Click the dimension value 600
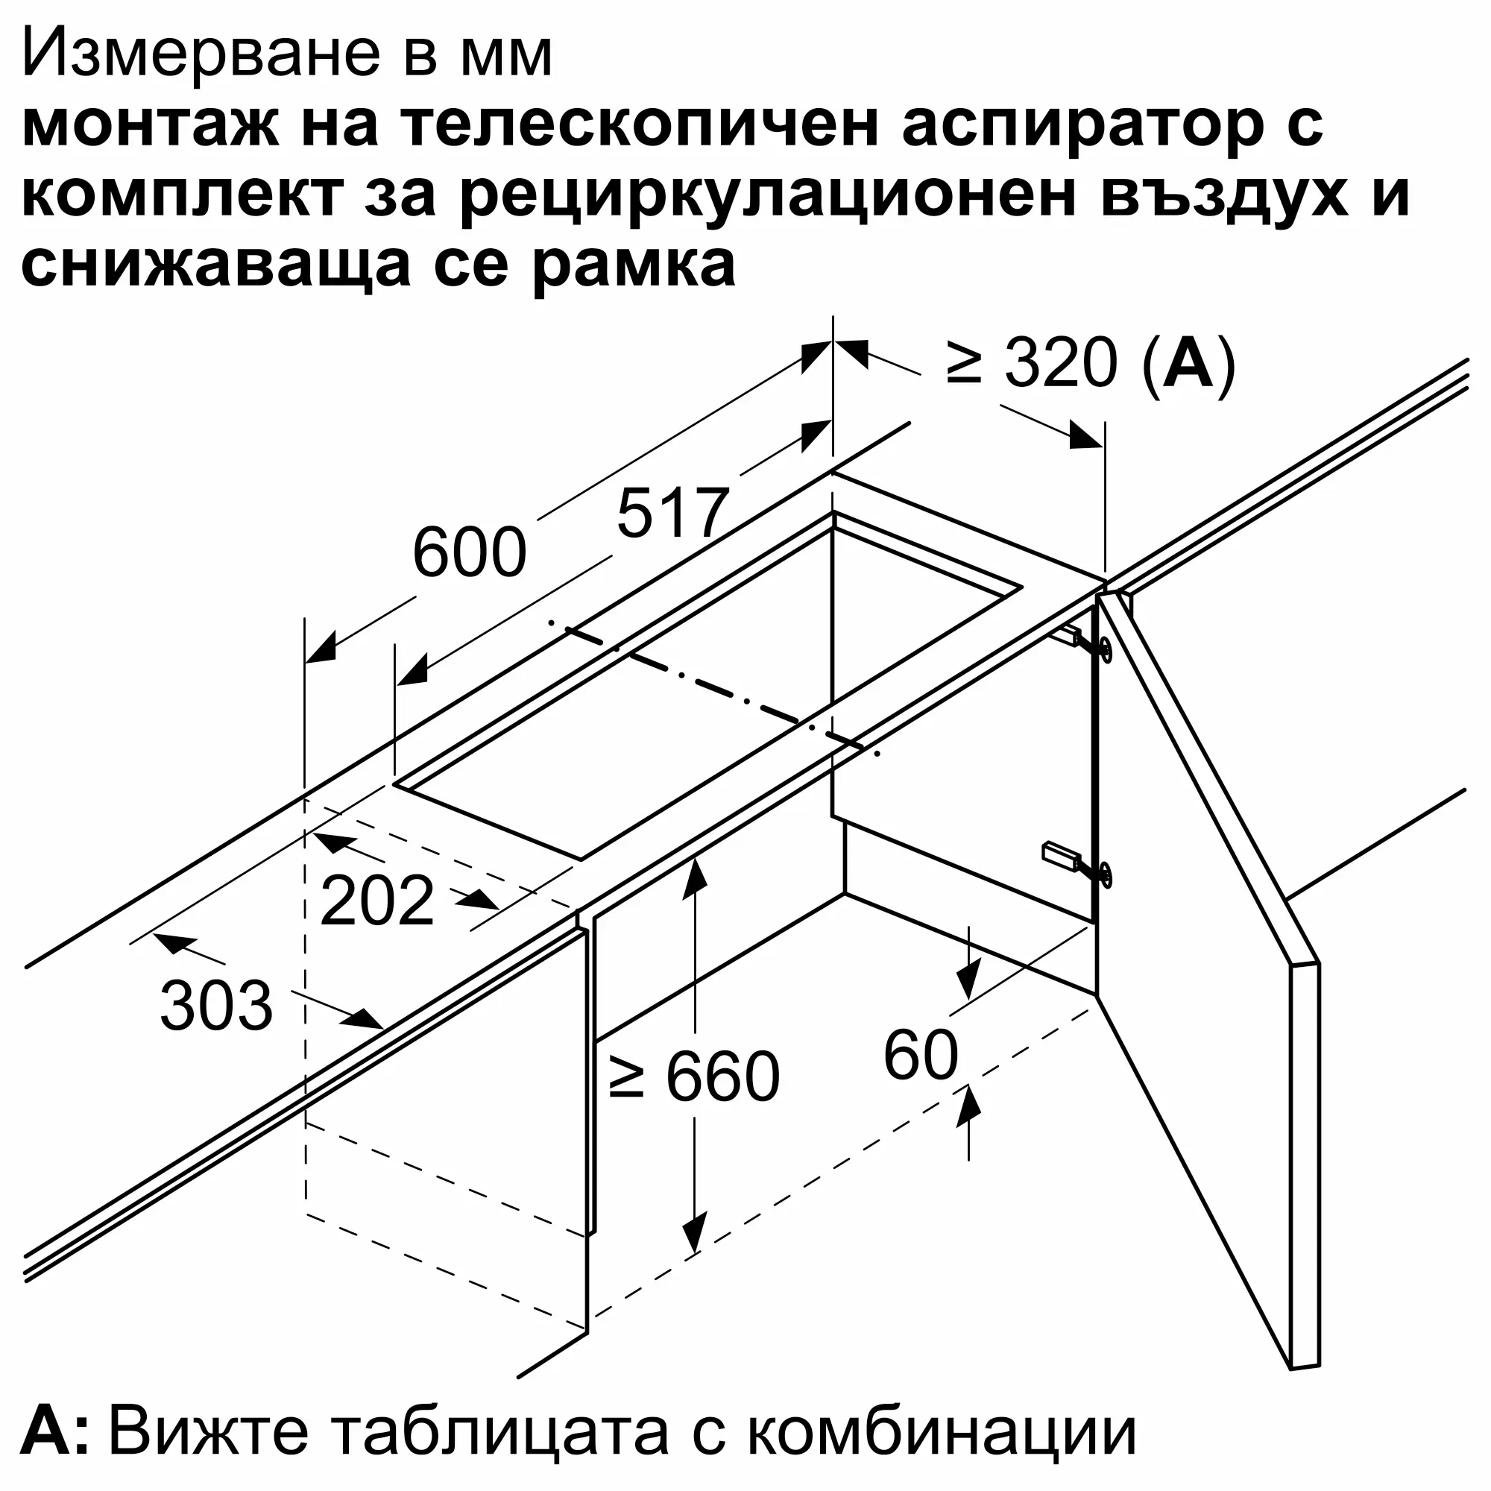click(x=469, y=552)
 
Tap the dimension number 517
click(x=673, y=512)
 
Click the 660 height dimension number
click(x=723, y=1077)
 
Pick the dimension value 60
click(x=921, y=1055)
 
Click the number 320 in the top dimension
click(x=1060, y=363)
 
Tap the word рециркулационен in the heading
click(x=767, y=198)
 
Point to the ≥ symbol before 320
click(x=964, y=363)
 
